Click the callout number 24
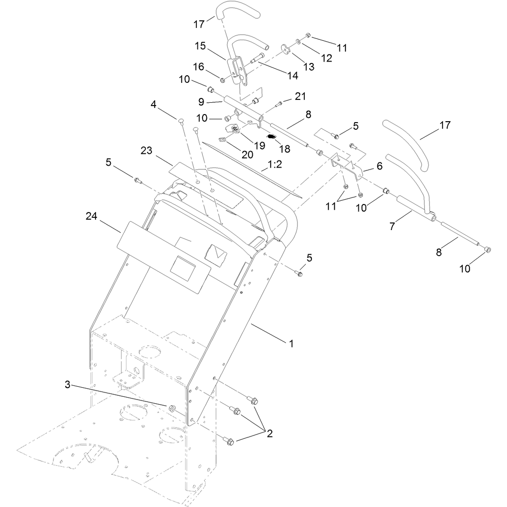(x=91, y=216)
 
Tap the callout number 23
(x=146, y=151)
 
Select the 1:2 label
(x=275, y=164)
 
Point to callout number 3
(x=67, y=385)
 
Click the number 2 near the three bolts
(x=269, y=434)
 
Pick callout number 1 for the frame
(x=291, y=343)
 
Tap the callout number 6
(x=379, y=166)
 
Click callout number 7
(x=392, y=226)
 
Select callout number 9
(x=201, y=102)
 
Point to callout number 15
(x=200, y=46)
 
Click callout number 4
(x=153, y=105)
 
